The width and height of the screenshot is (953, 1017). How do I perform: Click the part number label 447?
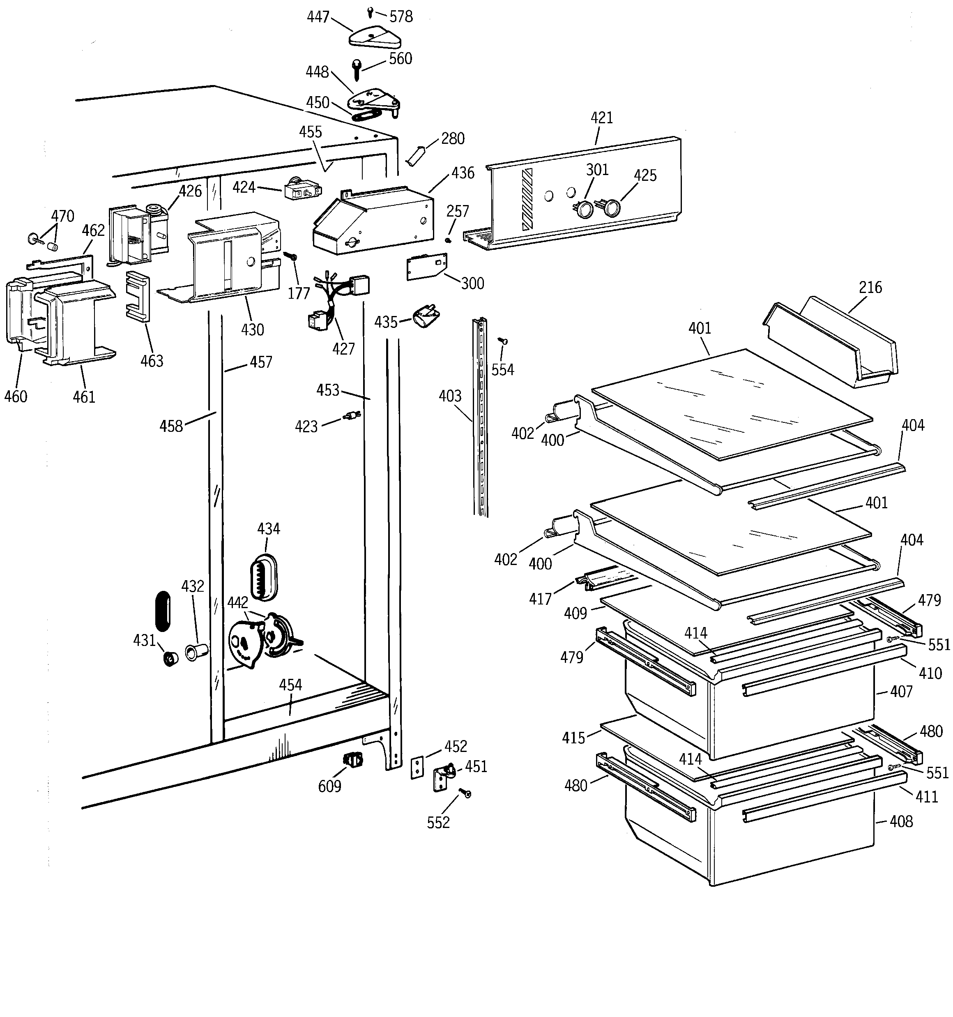click(318, 17)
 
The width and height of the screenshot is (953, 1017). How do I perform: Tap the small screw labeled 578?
click(370, 11)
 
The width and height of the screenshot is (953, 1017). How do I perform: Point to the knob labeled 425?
click(611, 208)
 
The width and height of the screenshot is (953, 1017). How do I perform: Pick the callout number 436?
click(463, 173)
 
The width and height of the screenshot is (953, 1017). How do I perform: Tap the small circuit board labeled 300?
click(426, 267)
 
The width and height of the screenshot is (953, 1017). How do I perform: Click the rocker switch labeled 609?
click(353, 760)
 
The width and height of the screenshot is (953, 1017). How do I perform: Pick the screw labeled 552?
click(466, 793)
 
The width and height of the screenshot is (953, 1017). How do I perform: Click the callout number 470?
click(62, 216)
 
